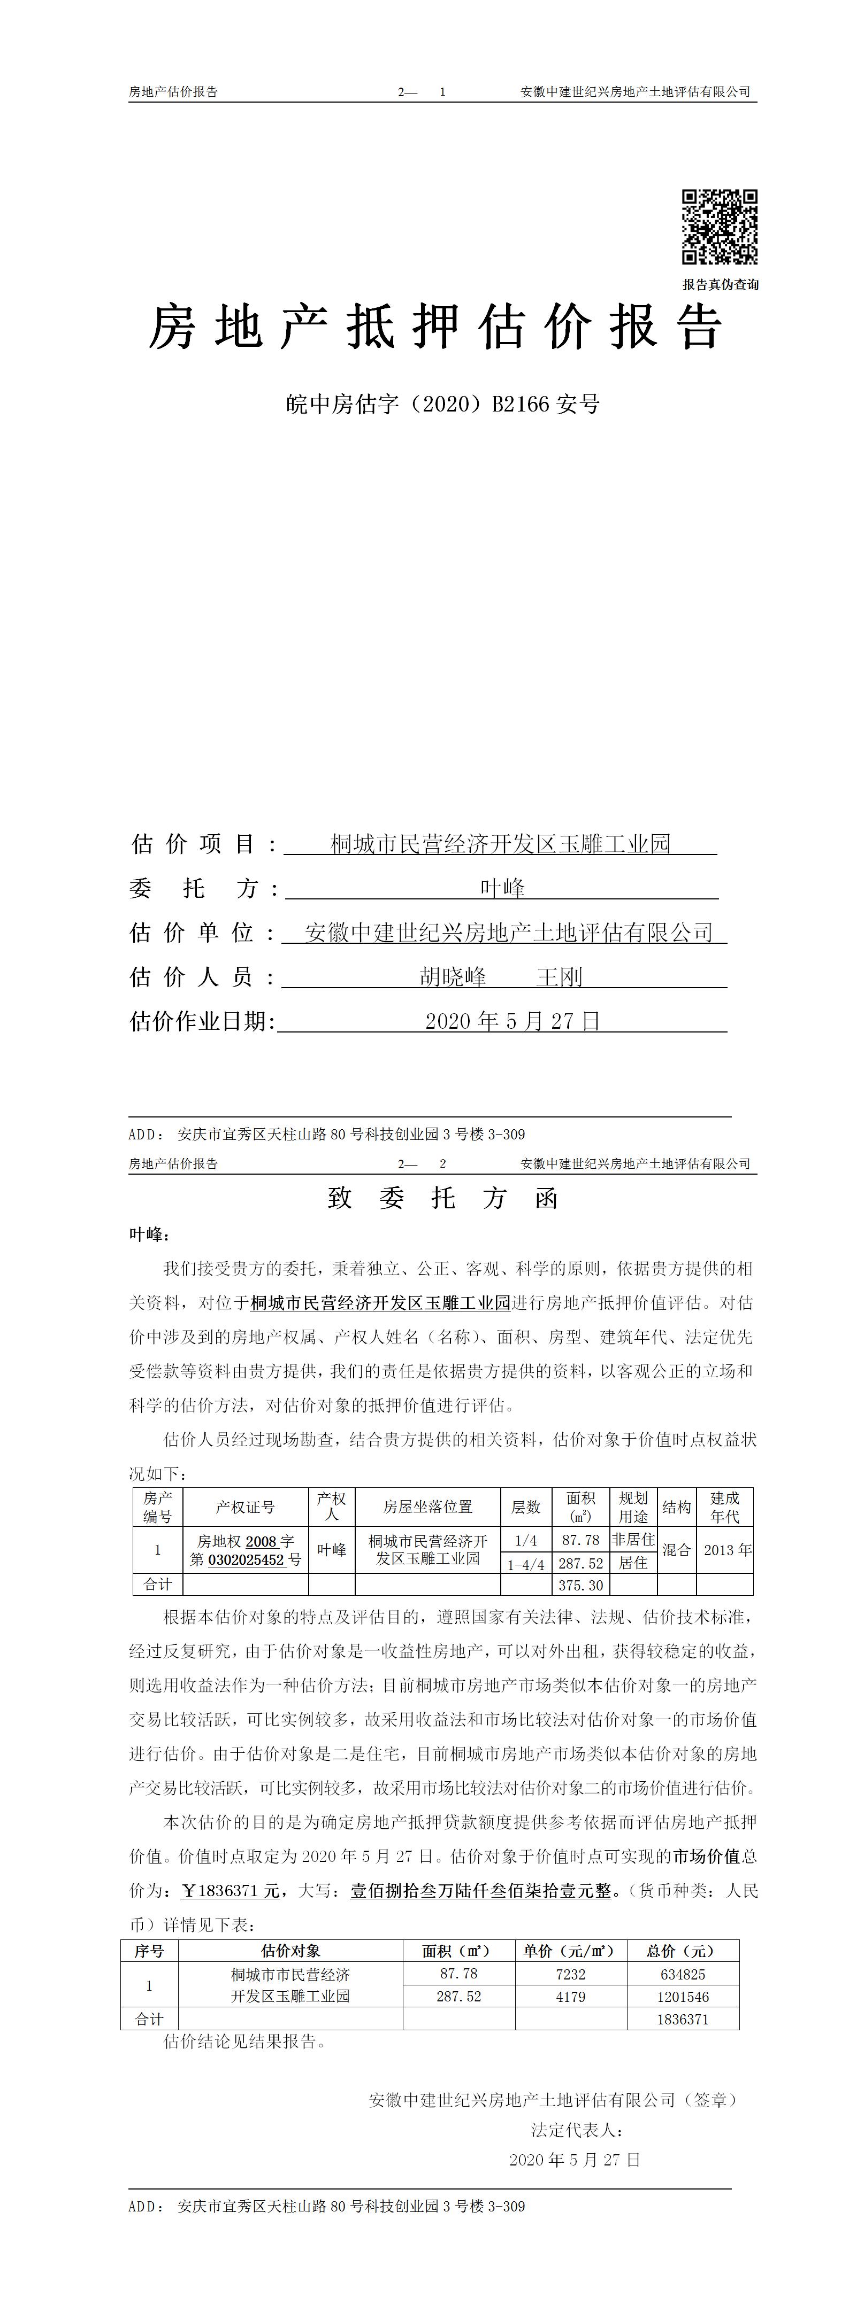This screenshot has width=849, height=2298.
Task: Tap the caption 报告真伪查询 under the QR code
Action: (x=721, y=284)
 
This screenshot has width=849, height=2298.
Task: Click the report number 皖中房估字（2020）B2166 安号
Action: (x=443, y=404)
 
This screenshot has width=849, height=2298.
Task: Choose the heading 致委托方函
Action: (x=443, y=1198)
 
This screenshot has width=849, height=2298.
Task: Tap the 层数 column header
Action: (x=526, y=1507)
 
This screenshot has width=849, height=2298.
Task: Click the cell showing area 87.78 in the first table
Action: (x=580, y=1540)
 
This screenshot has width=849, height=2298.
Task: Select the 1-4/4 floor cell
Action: (x=526, y=1564)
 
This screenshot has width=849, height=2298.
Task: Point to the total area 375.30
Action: (x=580, y=1585)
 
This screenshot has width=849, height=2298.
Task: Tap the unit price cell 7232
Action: (x=570, y=1974)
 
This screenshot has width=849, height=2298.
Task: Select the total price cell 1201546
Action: (x=683, y=1997)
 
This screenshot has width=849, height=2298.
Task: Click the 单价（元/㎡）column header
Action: (x=570, y=1951)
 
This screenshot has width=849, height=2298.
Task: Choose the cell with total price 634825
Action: (x=683, y=1974)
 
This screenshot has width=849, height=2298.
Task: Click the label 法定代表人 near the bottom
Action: (x=576, y=2130)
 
